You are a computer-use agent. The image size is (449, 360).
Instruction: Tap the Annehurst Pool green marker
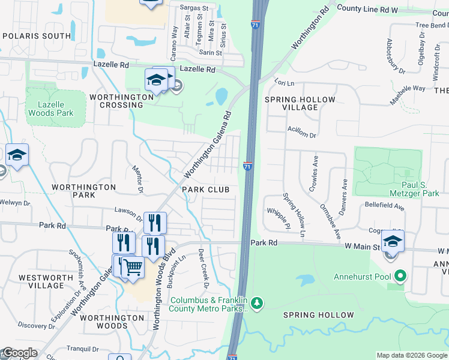click(400, 277)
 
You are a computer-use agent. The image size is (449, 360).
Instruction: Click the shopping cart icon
click(133, 267)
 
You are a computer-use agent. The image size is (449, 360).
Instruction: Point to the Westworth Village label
click(46, 282)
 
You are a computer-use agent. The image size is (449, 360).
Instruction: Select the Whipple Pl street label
click(278, 217)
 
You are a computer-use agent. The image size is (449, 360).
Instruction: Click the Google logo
click(19, 353)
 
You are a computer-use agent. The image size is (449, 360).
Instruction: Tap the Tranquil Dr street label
click(83, 349)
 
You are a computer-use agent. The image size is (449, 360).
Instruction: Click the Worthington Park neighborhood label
click(83, 191)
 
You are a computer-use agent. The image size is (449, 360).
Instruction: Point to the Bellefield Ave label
click(385, 205)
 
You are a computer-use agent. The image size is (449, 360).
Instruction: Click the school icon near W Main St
click(393, 242)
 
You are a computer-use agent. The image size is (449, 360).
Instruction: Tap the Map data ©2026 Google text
click(412, 355)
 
